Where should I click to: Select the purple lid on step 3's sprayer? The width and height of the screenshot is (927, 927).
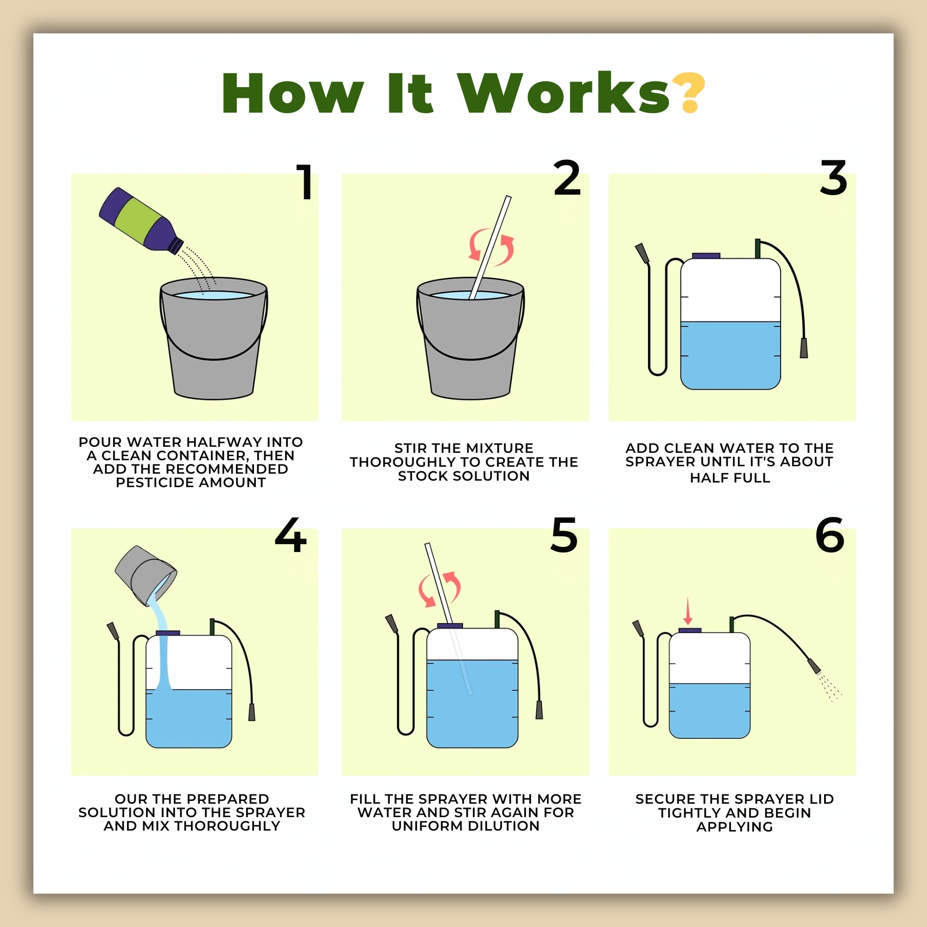point(706,256)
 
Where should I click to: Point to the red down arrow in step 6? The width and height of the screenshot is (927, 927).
point(687,610)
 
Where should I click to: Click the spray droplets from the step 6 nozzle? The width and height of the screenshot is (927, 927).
point(829,686)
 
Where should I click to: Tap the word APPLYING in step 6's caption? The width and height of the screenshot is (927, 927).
point(735,827)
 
